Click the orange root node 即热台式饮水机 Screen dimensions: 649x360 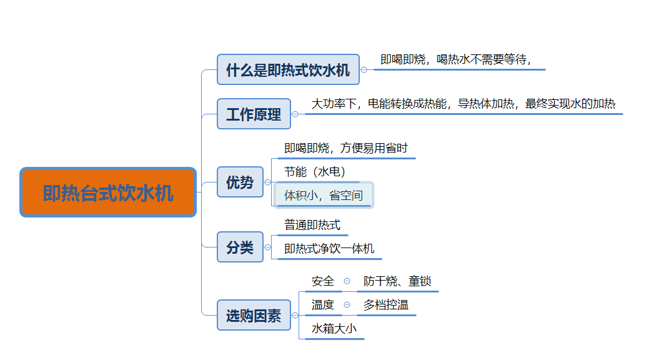point(108,192)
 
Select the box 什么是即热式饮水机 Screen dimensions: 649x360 point(288,69)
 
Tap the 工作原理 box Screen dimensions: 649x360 point(254,114)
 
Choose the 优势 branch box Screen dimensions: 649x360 point(240,182)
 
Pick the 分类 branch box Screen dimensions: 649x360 point(240,247)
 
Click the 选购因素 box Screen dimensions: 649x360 point(254,315)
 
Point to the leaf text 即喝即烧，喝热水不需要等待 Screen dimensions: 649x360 point(455,59)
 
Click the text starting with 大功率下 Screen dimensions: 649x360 point(463,104)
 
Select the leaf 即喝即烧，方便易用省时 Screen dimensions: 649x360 point(346,148)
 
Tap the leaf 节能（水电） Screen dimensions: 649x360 point(315,171)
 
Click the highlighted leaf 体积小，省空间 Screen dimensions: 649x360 point(324,195)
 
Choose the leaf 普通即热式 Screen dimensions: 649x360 point(312,225)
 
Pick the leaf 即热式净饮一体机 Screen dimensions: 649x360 point(329,249)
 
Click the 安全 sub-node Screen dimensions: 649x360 point(323,281)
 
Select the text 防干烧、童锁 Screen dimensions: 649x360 point(397,281)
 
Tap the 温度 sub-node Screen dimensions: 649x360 point(323,305)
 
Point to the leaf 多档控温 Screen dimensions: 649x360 point(386,305)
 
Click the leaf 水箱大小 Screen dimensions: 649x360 point(334,329)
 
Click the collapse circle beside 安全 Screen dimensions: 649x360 point(347,281)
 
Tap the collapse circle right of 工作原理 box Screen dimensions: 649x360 point(295,114)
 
